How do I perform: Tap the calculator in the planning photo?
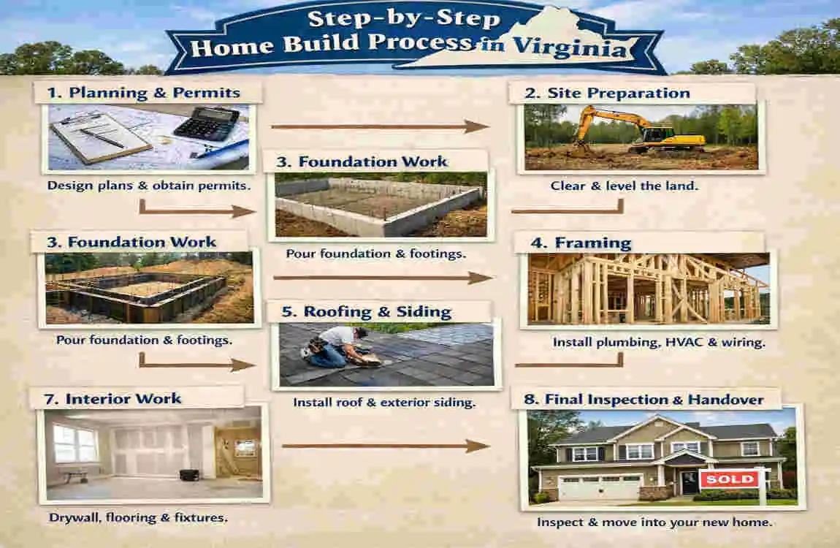pos(206,123)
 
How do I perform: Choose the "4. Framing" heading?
pos(592,243)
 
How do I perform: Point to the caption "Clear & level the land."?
pos(625,186)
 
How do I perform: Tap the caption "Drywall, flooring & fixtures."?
pos(138,518)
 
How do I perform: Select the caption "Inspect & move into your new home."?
pos(654,522)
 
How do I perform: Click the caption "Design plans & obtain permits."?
pos(149,186)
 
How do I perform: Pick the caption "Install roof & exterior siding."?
pos(384,402)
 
